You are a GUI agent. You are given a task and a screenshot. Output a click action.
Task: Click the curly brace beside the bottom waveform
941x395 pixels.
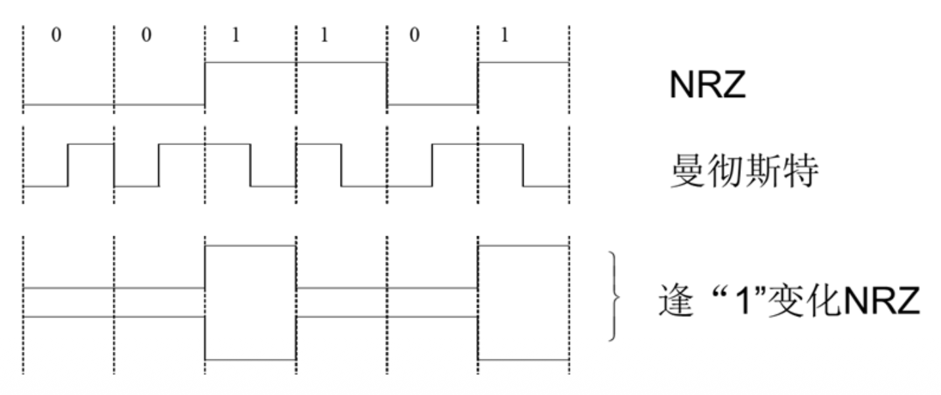(616, 297)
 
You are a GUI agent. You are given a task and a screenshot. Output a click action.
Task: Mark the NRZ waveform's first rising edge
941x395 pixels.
(205, 84)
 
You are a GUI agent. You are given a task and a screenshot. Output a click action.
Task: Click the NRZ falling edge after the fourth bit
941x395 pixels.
(387, 84)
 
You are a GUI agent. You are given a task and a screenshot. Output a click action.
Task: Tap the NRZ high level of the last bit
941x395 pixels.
(524, 63)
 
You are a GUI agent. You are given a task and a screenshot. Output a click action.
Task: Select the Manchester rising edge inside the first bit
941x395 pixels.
(68, 165)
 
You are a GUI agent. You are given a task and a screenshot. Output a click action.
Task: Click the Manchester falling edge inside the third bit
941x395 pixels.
(251, 165)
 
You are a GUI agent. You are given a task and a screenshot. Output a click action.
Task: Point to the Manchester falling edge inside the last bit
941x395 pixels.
(523, 165)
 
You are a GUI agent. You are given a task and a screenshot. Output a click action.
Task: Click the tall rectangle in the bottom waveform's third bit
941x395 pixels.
(251, 302)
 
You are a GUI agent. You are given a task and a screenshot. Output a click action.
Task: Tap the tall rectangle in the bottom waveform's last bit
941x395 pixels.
(524, 302)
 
